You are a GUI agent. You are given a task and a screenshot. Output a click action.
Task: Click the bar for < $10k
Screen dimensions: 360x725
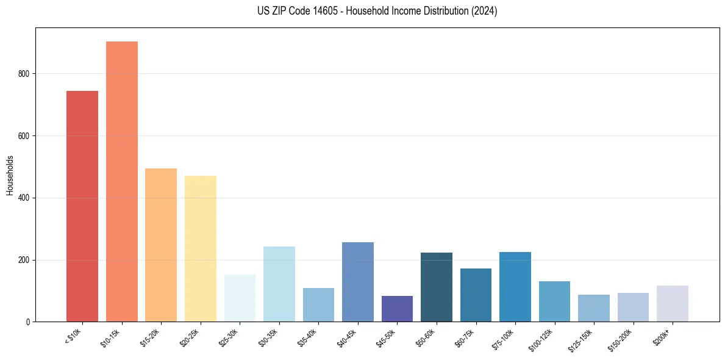pyautogui.click(x=82, y=206)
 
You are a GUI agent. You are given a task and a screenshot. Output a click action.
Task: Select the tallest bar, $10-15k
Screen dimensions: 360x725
pyautogui.click(x=122, y=182)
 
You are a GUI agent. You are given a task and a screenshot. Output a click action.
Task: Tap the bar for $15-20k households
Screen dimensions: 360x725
pyautogui.click(x=161, y=245)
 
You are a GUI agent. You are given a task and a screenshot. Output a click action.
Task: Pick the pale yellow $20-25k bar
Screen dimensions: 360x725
pyautogui.click(x=201, y=249)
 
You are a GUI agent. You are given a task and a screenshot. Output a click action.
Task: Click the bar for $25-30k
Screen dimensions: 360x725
pyautogui.click(x=240, y=298)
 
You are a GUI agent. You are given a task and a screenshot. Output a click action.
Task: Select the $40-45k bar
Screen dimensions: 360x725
pyautogui.click(x=358, y=282)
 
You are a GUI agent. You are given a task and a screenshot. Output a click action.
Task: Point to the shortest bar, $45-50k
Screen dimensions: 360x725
pyautogui.click(x=397, y=309)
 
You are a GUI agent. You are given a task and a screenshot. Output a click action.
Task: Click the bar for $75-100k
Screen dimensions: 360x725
pyautogui.click(x=515, y=287)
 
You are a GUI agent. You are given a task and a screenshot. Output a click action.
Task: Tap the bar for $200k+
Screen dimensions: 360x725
pyautogui.click(x=673, y=304)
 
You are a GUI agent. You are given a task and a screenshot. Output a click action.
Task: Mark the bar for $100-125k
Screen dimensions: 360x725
pyautogui.click(x=554, y=301)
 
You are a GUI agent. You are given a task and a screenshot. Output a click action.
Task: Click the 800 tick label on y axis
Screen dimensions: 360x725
pyautogui.click(x=24, y=74)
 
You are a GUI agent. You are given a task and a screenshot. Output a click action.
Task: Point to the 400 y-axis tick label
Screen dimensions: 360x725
pyautogui.click(x=24, y=198)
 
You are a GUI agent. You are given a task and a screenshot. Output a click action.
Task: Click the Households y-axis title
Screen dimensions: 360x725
pyautogui.click(x=10, y=175)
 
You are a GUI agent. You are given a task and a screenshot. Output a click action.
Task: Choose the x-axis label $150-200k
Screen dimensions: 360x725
pyautogui.click(x=622, y=339)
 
